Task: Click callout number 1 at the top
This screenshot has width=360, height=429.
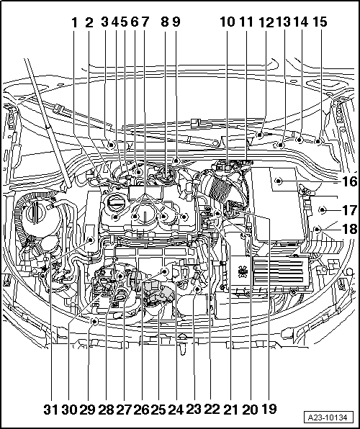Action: coord(74,22)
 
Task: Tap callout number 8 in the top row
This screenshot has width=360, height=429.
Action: coord(165,22)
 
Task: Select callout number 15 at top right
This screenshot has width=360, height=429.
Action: coord(320,22)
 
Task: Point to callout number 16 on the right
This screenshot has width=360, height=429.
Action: coord(350,181)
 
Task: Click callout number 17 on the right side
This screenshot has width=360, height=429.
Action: coord(350,210)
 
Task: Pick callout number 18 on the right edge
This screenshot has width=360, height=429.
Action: coord(350,229)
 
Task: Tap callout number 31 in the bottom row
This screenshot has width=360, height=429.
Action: coord(51,410)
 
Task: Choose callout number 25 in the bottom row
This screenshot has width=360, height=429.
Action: coord(158,410)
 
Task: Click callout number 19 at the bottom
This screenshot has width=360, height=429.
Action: coord(269,409)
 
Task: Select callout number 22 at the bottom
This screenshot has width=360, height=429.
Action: coord(212,409)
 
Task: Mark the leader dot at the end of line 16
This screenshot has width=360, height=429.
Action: coord(279,181)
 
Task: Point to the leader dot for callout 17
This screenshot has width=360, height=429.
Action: coord(323,210)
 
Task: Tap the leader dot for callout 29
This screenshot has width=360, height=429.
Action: coord(95,321)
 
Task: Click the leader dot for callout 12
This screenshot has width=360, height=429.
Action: coord(260,135)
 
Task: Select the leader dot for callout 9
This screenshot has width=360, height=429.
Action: coord(176,160)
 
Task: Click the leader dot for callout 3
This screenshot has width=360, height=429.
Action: coord(111,145)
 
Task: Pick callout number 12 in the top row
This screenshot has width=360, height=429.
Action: coord(266,22)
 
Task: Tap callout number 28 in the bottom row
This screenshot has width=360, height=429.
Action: coord(106,410)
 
